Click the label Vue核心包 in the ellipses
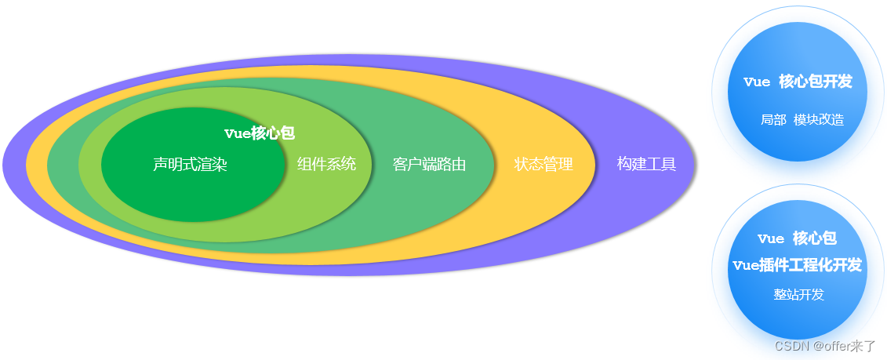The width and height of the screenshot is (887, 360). pyautogui.click(x=259, y=133)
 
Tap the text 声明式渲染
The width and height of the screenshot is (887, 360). pyautogui.click(x=190, y=165)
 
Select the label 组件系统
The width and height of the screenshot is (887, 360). pyautogui.click(x=326, y=164)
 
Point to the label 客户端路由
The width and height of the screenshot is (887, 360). pyautogui.click(x=429, y=165)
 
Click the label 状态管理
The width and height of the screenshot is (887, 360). pyautogui.click(x=543, y=165)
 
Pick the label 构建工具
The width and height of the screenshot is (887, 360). pyautogui.click(x=646, y=165)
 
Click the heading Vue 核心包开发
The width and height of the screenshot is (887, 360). pyautogui.click(x=798, y=82)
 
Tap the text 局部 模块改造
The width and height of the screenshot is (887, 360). pyautogui.click(x=802, y=120)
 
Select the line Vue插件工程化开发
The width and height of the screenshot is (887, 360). pyautogui.click(x=797, y=265)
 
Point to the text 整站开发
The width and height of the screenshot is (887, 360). pyautogui.click(x=798, y=295)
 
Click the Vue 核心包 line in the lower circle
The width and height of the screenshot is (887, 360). pyautogui.click(x=797, y=238)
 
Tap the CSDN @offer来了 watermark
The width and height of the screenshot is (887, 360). pyautogui.click(x=824, y=346)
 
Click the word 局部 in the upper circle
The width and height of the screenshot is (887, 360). pyautogui.click(x=773, y=120)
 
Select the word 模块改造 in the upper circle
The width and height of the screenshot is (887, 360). pyautogui.click(x=819, y=120)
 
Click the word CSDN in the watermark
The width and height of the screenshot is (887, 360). pyautogui.click(x=791, y=346)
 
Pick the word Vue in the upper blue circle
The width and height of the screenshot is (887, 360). pyautogui.click(x=757, y=82)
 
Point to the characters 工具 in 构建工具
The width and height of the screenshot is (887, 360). pyautogui.click(x=661, y=165)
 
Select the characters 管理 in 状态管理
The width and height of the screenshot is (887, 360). pyautogui.click(x=558, y=165)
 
